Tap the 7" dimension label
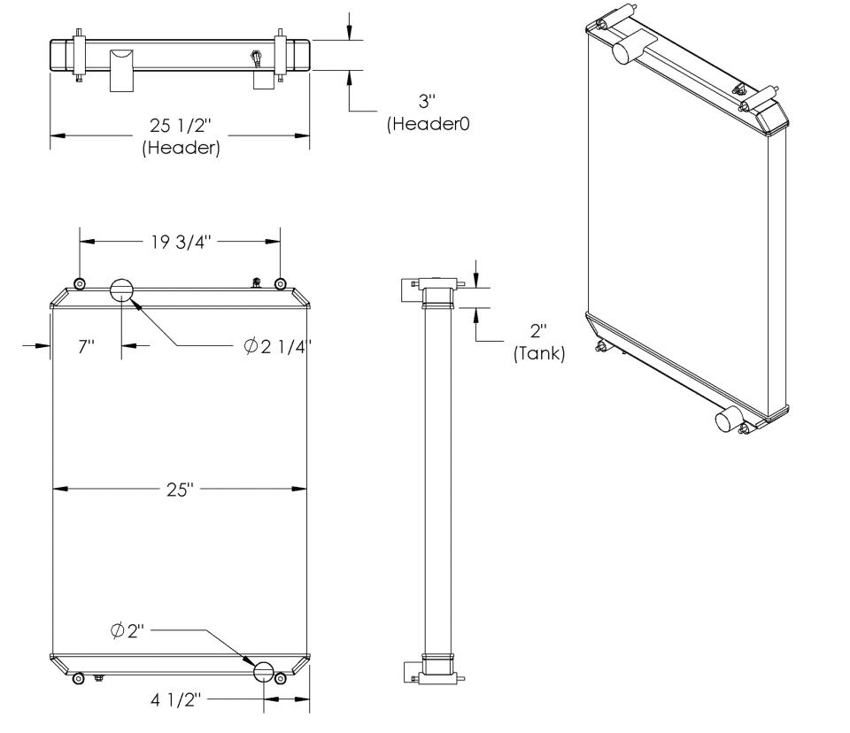(86, 346)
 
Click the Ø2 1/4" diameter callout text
(278, 346)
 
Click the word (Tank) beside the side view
(540, 353)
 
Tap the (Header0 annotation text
(428, 125)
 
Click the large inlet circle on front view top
(121, 289)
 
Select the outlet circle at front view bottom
(265, 672)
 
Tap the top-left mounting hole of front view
(80, 284)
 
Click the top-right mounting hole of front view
(281, 284)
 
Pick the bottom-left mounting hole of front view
(78, 678)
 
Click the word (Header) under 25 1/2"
(181, 149)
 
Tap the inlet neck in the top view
(121, 69)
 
